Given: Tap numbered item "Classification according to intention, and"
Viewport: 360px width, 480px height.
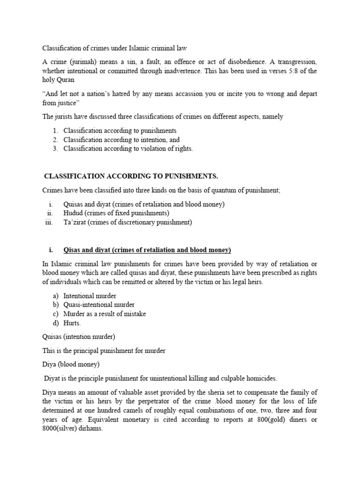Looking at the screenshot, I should pyautogui.click(x=121, y=140).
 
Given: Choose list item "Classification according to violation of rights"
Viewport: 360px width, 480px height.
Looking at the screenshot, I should pyautogui.click(x=128, y=149).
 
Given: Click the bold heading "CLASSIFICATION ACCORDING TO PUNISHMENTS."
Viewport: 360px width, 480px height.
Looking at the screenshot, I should pyautogui.click(x=131, y=176).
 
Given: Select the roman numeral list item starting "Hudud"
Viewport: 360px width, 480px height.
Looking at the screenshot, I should pyautogui.click(x=116, y=213).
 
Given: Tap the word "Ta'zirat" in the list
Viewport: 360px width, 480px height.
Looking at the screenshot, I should pyautogui.click(x=76, y=223).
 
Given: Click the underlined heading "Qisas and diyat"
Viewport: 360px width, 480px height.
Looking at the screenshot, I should pyautogui.click(x=87, y=249).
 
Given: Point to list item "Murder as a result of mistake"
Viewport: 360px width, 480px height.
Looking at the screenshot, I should pyautogui.click(x=105, y=314).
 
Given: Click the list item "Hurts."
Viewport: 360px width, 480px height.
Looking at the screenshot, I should pyautogui.click(x=72, y=323).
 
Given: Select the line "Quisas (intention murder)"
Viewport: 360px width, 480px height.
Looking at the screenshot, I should pyautogui.click(x=79, y=336).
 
